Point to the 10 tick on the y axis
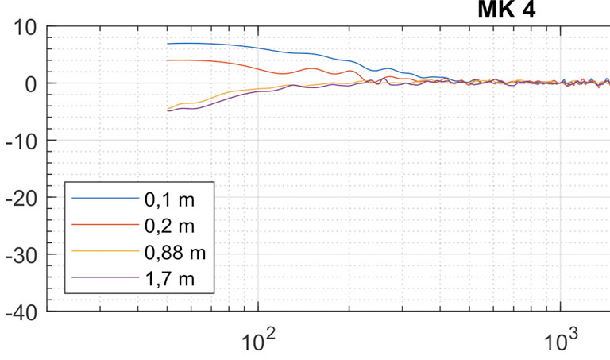[x=24, y=28]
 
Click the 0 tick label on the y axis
[x=31, y=83]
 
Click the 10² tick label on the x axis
[x=257, y=339]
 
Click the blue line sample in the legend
[x=100, y=199]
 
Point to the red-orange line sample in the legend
[x=100, y=225]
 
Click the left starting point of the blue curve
[x=168, y=44]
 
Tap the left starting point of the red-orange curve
[x=168, y=60]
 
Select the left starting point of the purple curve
[x=168, y=111]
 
